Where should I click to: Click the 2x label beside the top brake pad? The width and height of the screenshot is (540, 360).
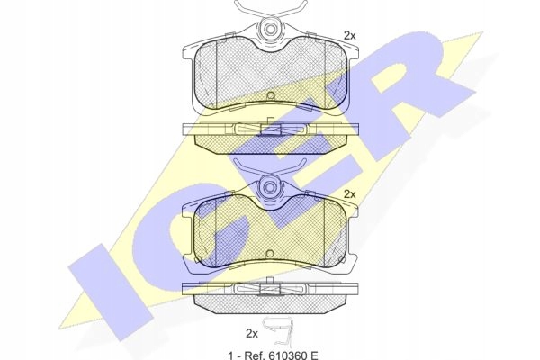(349, 36)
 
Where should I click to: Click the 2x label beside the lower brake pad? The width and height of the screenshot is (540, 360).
(349, 194)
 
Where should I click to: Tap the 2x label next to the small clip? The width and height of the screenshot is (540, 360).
(252, 334)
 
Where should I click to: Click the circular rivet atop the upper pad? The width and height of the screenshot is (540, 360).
(271, 29)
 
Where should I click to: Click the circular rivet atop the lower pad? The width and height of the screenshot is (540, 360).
(270, 187)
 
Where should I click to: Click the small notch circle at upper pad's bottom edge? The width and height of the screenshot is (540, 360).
(270, 95)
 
